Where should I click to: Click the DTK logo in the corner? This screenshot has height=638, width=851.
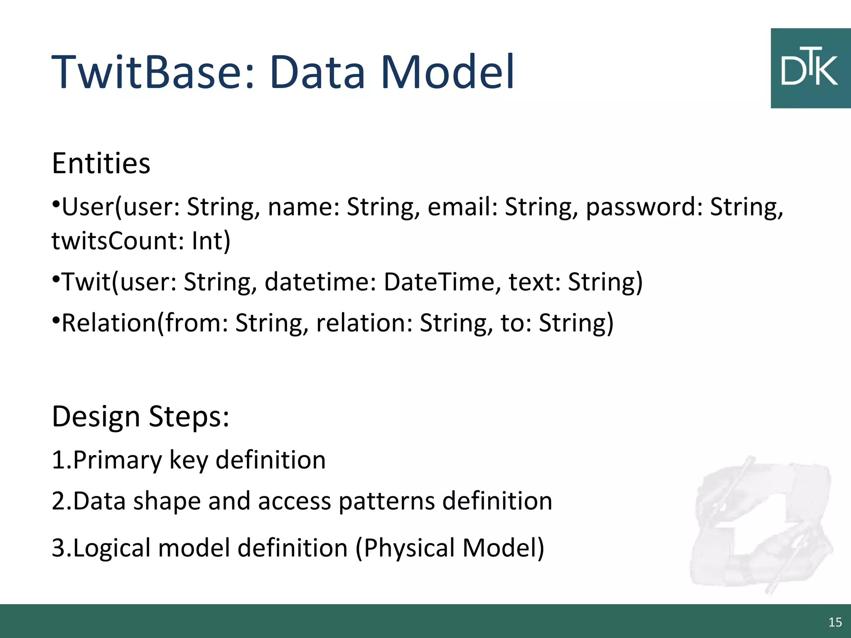point(810,69)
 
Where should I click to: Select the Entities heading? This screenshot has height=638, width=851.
point(101,163)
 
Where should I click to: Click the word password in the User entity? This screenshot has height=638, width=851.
point(640,207)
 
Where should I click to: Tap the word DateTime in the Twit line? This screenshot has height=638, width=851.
point(438,282)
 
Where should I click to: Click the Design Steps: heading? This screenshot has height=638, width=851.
point(140,416)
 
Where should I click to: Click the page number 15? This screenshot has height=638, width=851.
point(835,622)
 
